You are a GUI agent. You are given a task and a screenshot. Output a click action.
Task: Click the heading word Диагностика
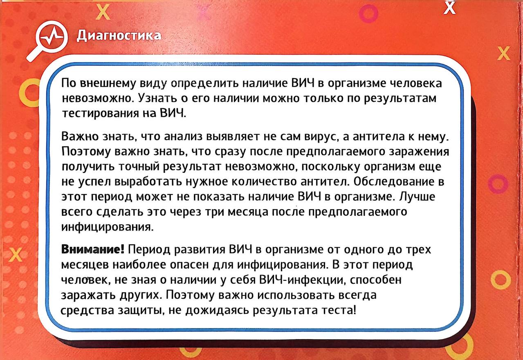pos(119,36)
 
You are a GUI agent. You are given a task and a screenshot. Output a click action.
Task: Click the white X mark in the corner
pos(449,8)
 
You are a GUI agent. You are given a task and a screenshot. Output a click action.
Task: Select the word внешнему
pos(108,83)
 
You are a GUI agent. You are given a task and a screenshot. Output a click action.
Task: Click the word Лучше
pos(417,197)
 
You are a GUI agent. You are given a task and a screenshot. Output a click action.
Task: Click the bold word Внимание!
pos(93,249)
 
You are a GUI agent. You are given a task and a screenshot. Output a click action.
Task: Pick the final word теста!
pos(339,310)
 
